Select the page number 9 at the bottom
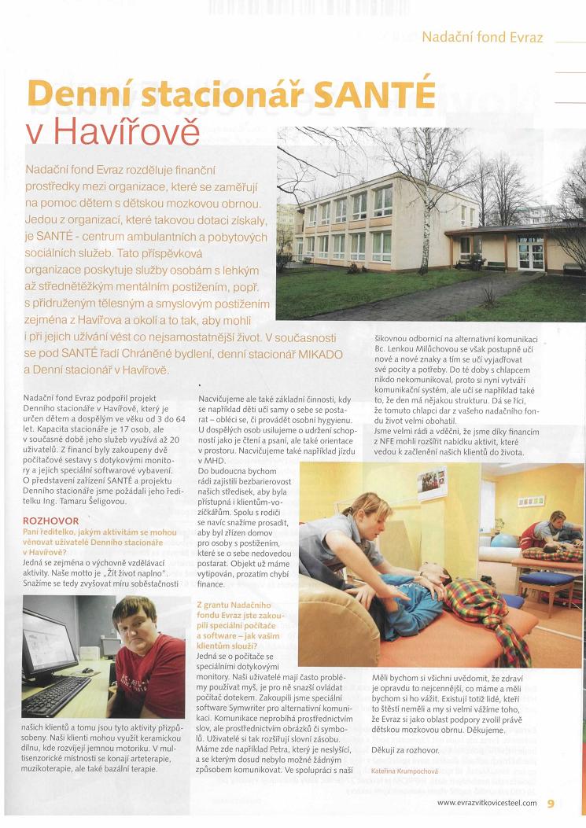coord(551,803)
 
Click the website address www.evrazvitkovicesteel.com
coord(487,803)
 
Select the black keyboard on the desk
coord(56,693)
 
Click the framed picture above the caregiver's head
coord(431,482)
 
